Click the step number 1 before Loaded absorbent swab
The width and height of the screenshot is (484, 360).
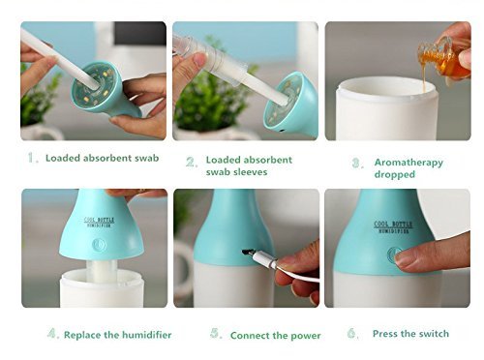coord(32,158)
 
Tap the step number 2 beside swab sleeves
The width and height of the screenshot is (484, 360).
coord(192,162)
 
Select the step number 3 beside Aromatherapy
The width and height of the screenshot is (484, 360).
coord(357,164)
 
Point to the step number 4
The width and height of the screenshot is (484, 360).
coord(53,333)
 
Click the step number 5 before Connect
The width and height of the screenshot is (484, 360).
coord(216,333)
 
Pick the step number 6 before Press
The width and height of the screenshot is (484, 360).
coord(352,333)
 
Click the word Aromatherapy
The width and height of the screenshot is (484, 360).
coord(408,163)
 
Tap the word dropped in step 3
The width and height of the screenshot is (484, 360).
coord(394,174)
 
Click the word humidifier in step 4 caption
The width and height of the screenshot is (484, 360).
coord(142,335)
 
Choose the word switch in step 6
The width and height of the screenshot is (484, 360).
coord(433,334)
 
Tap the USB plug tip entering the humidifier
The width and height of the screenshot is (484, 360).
coord(247,253)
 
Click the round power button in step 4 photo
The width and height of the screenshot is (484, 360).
coord(99,245)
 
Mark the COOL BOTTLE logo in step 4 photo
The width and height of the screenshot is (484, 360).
coord(99,223)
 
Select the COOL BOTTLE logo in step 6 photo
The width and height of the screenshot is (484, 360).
coord(393,226)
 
